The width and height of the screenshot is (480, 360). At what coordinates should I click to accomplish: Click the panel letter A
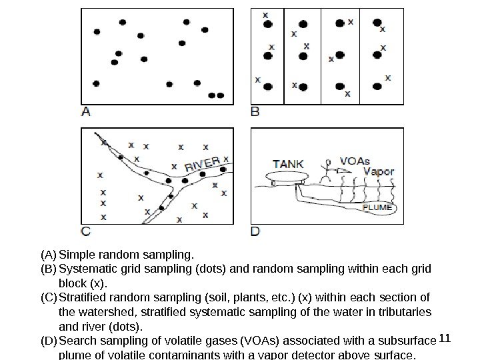pyautogui.click(x=85, y=112)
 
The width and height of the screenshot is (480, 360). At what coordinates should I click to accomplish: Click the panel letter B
pyautogui.click(x=255, y=112)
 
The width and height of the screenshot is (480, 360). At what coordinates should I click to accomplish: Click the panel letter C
pyautogui.click(x=85, y=232)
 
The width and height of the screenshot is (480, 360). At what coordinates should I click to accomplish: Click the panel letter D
pyautogui.click(x=255, y=232)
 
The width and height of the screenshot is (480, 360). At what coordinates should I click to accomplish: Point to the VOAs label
pyautogui.click(x=355, y=161)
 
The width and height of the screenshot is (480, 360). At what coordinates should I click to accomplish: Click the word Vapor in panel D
pyautogui.click(x=378, y=171)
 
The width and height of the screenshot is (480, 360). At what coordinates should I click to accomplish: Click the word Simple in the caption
pyautogui.click(x=75, y=255)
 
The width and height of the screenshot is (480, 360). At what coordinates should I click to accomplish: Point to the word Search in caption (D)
pyautogui.click(x=75, y=341)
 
